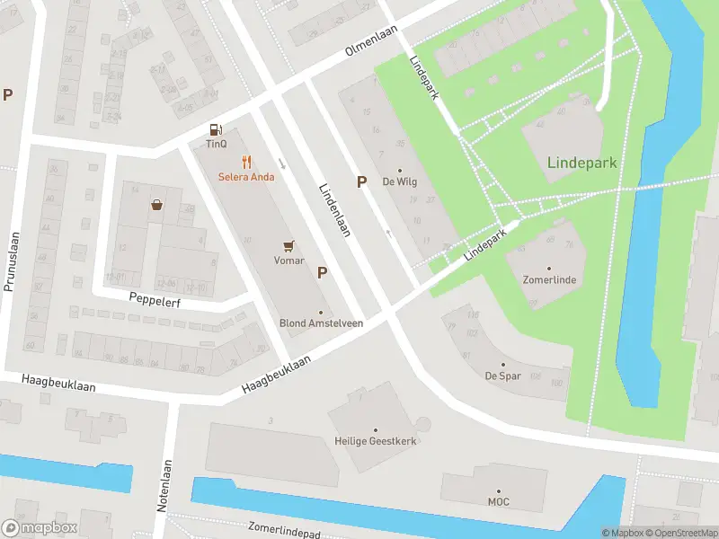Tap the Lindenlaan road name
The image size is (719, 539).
click(334, 211)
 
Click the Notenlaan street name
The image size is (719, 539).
click(164, 486)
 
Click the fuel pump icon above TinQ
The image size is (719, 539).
click(215, 129)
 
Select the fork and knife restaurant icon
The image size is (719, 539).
click(246, 162)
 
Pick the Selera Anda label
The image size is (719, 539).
click(246, 177)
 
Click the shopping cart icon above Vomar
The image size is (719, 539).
click(288, 244)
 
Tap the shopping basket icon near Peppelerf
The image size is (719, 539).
click(157, 205)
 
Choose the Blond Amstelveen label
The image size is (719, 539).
click(321, 323)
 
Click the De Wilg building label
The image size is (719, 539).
click(400, 181)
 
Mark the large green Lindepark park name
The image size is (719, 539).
click(582, 163)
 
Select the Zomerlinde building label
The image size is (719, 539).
click(549, 280)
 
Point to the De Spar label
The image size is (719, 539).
click(504, 376)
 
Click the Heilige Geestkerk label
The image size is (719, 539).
click(376, 442)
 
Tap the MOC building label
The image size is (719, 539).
click(499, 501)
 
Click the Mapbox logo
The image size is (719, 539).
click(40, 527)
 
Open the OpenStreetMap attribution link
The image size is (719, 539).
click(681, 533)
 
